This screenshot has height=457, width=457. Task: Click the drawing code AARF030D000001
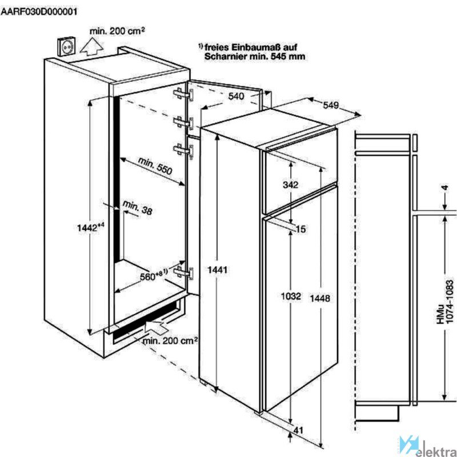[39, 11]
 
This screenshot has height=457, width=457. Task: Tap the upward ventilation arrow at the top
[92, 47]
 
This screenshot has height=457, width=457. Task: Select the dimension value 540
[236, 96]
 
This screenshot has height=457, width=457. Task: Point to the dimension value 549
[331, 105]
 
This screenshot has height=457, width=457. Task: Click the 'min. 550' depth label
[155, 166]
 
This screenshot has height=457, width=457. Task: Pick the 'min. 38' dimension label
[137, 207]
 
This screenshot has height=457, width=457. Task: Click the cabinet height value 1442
[91, 227]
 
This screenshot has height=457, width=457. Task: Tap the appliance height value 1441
[218, 270]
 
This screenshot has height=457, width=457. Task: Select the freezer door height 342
[291, 185]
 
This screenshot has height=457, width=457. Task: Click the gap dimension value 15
[301, 229]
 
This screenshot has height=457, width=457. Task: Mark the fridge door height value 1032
[291, 296]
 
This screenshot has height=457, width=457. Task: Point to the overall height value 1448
[320, 298]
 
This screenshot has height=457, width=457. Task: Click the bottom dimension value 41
[298, 430]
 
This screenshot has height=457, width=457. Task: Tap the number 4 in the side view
[445, 188]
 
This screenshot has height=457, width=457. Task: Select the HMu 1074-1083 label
[445, 302]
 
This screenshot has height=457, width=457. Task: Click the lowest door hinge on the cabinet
[183, 272]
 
